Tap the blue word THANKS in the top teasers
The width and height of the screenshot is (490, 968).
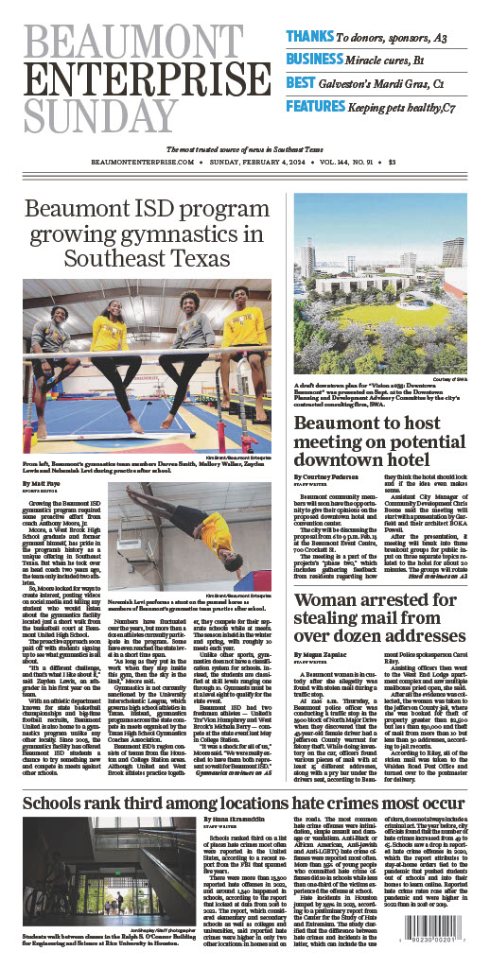tap(308, 36)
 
